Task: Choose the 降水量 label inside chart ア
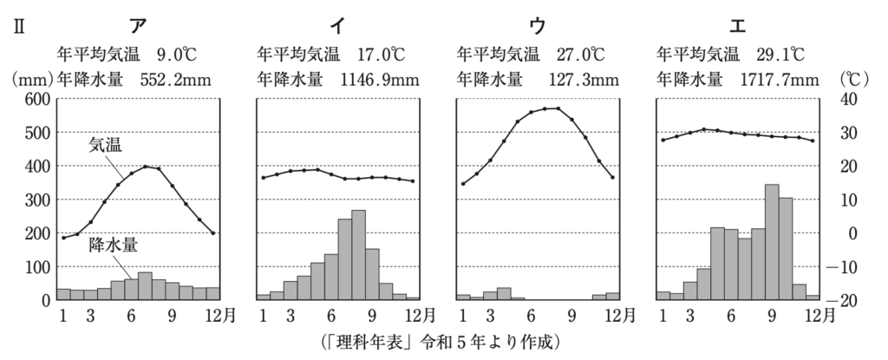point(113,245)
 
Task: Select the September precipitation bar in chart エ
point(772,242)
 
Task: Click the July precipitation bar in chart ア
point(145,286)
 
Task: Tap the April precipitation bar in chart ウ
point(504,293)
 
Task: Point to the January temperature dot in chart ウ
point(463,183)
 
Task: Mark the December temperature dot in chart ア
point(212,232)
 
